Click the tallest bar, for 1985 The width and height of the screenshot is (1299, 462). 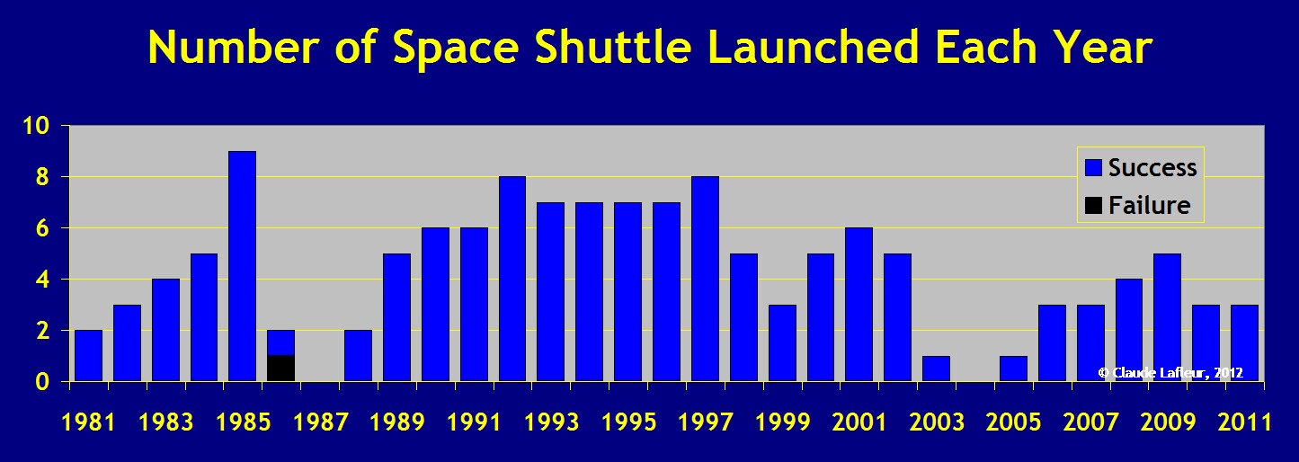[x=243, y=266]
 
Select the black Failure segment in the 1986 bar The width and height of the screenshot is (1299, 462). [x=280, y=369]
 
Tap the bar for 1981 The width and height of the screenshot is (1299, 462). [x=88, y=356]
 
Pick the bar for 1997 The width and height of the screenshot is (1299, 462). [x=705, y=279]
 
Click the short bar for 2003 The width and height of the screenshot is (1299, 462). [x=936, y=369]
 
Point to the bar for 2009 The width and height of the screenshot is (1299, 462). [x=1168, y=317]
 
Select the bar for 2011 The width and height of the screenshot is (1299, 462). [x=1244, y=343]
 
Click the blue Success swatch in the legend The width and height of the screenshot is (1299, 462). [x=1093, y=167]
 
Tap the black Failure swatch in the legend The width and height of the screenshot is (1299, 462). [x=1093, y=206]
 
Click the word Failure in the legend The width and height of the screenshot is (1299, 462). [x=1150, y=205]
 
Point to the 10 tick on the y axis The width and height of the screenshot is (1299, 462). [x=36, y=125]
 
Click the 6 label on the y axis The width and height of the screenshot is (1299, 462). [x=43, y=227]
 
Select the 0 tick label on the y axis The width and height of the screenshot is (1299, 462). [x=43, y=382]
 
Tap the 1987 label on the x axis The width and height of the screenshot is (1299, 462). [x=321, y=422]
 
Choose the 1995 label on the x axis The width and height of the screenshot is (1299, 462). [x=629, y=422]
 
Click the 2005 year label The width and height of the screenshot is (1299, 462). [x=1014, y=422]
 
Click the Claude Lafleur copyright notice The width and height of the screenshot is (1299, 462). [x=1170, y=373]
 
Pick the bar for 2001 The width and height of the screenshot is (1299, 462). [x=859, y=305]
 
